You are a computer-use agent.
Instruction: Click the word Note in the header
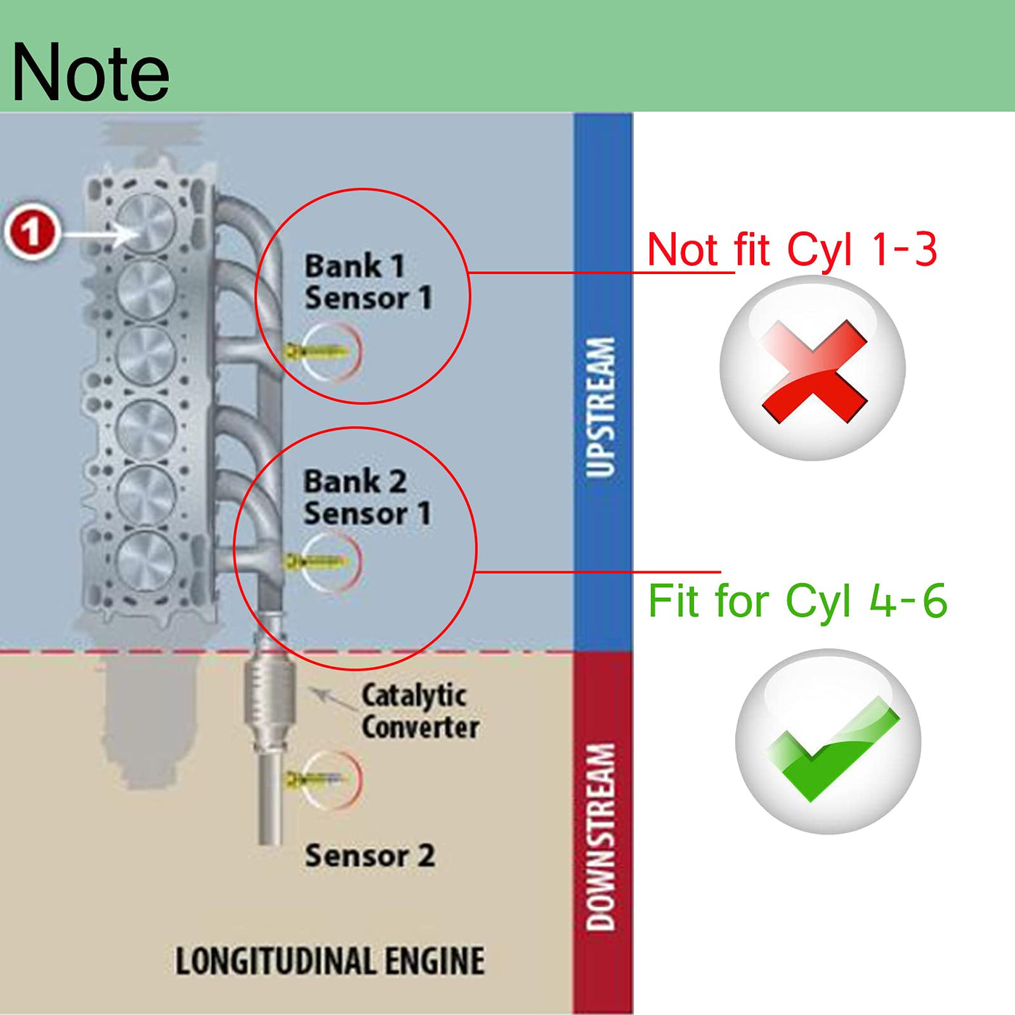coord(90,72)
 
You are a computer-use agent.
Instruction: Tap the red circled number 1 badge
coord(32,231)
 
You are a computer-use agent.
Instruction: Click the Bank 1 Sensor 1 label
coord(368,281)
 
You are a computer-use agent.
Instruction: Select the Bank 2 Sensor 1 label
coord(367,497)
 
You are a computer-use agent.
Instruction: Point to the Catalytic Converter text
coord(420,712)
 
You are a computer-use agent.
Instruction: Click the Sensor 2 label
coord(370,855)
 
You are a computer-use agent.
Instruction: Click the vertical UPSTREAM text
coord(600,407)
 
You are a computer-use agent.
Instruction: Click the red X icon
coord(814,370)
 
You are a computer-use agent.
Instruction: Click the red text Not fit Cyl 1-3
coord(792,249)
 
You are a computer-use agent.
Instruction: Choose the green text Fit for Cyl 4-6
coord(797,600)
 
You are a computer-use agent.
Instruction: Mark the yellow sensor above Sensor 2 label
coord(314,779)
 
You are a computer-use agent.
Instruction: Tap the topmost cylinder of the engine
coord(146,223)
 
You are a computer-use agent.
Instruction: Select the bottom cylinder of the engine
coord(146,560)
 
